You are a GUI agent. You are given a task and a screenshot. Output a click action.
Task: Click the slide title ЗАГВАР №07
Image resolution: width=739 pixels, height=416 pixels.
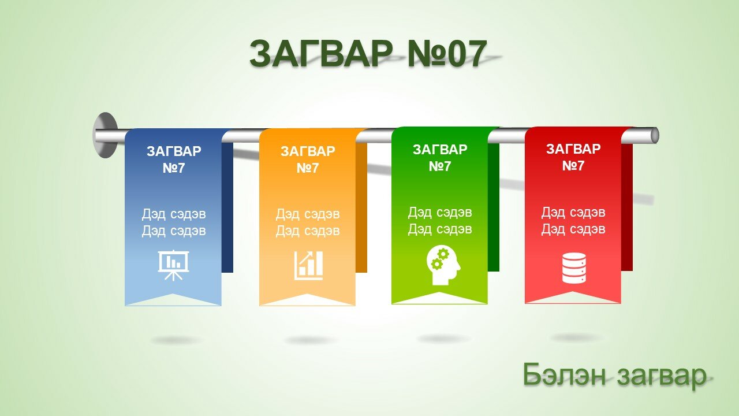pyautogui.click(x=368, y=54)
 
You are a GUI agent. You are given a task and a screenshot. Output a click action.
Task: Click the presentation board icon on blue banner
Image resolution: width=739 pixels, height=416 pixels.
pyautogui.click(x=173, y=265)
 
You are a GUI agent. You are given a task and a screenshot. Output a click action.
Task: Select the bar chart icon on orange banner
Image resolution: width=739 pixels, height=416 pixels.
pyautogui.click(x=308, y=265)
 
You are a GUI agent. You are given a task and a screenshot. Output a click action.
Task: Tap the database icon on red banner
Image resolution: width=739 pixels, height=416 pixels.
pyautogui.click(x=574, y=268)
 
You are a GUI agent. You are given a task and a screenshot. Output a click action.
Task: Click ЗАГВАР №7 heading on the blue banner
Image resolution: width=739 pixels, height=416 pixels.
pyautogui.click(x=174, y=159)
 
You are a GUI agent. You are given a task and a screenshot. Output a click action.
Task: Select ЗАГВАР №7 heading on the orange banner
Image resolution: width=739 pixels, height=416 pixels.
pyautogui.click(x=308, y=159)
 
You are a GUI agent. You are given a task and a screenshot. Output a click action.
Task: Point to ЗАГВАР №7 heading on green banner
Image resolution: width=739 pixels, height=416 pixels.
pyautogui.click(x=440, y=158)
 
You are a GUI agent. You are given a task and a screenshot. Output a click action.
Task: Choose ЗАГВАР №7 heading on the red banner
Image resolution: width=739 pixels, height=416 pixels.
pyautogui.click(x=573, y=157)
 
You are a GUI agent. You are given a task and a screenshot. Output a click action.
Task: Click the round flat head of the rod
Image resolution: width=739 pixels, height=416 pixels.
pyautogui.click(x=105, y=135)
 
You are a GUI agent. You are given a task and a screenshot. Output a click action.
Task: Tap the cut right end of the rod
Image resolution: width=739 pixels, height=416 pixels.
pyautogui.click(x=655, y=135)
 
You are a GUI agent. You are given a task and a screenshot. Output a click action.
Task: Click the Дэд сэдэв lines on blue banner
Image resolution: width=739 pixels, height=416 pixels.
pyautogui.click(x=174, y=222)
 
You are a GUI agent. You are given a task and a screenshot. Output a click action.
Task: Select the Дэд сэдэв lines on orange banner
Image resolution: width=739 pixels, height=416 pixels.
pyautogui.click(x=308, y=222)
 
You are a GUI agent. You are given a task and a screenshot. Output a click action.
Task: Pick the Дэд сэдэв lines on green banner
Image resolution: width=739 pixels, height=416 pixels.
pyautogui.click(x=440, y=221)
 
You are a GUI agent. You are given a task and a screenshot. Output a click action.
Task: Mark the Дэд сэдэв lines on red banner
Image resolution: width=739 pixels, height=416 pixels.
pyautogui.click(x=573, y=221)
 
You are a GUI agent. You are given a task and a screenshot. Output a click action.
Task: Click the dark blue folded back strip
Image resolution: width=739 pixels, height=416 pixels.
pyautogui.click(x=227, y=207)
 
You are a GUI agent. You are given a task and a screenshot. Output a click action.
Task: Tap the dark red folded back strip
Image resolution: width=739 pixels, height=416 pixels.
pyautogui.click(x=627, y=207)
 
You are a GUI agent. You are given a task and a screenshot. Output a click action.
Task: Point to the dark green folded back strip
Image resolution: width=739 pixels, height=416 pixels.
pyautogui.click(x=494, y=207)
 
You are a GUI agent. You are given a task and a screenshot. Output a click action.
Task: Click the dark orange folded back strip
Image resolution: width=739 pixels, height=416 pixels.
pyautogui.click(x=361, y=207)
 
